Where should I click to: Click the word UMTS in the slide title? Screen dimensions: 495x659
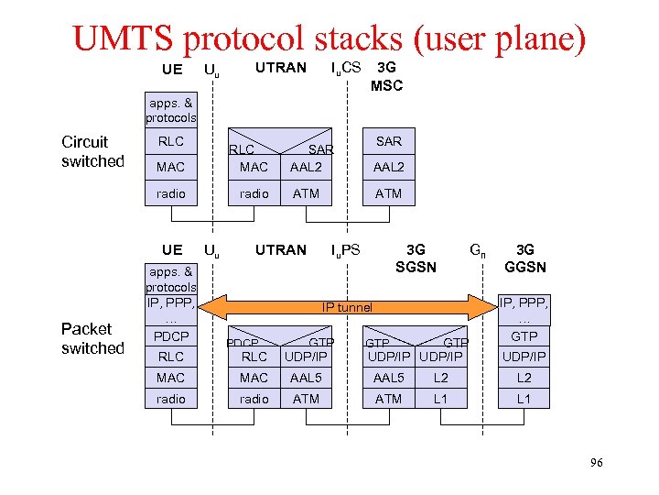tap(125, 38)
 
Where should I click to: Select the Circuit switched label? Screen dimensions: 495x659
tap(92, 151)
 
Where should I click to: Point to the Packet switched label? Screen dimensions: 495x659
tap(92, 338)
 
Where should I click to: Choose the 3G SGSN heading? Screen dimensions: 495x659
tap(416, 258)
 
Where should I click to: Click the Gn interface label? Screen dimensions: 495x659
tap(477, 249)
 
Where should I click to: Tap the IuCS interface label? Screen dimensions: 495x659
tap(345, 67)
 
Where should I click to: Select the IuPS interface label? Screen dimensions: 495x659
tap(345, 249)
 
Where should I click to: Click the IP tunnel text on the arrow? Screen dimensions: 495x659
tap(347, 307)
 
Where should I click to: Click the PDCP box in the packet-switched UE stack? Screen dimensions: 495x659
tap(170, 336)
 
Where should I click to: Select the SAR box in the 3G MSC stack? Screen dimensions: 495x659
tap(389, 141)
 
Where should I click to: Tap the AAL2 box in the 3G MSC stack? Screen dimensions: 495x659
tap(389, 167)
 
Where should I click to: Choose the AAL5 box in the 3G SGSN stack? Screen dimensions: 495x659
tap(389, 378)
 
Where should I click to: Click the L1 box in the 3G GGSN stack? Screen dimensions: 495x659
tap(524, 399)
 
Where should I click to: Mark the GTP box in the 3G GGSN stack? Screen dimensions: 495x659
tap(524, 336)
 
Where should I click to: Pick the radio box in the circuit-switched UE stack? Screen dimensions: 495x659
tap(170, 193)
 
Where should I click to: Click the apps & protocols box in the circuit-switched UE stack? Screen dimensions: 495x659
tap(170, 110)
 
